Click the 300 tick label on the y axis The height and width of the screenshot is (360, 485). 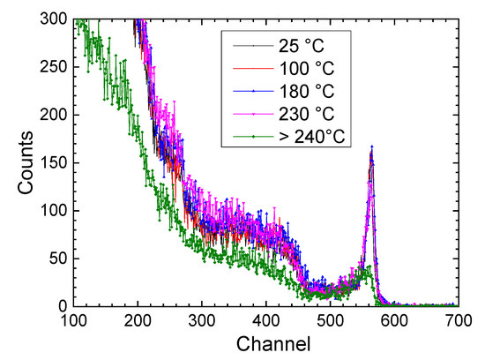click(x=50, y=20)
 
